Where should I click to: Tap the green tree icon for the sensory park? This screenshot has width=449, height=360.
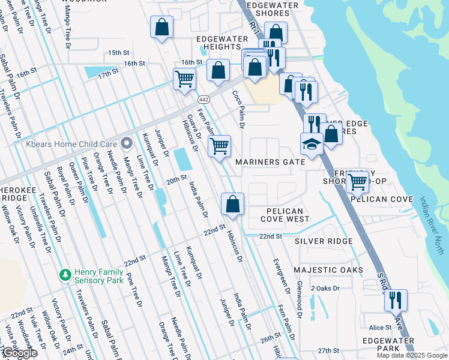click(x=65, y=275)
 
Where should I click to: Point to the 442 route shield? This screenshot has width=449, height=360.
click(x=203, y=99)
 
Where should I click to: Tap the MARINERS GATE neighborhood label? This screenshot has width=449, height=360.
click(x=270, y=162)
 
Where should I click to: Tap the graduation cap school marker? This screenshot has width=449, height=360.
click(x=312, y=143)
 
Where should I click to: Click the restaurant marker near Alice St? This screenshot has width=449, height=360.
click(x=396, y=299)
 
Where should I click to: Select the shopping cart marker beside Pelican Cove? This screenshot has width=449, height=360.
click(x=357, y=181)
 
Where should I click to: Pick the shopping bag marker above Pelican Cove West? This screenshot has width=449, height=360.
click(x=232, y=204)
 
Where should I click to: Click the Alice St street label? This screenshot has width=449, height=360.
click(x=380, y=328)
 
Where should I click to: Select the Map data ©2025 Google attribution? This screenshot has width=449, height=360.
click(x=411, y=355)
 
